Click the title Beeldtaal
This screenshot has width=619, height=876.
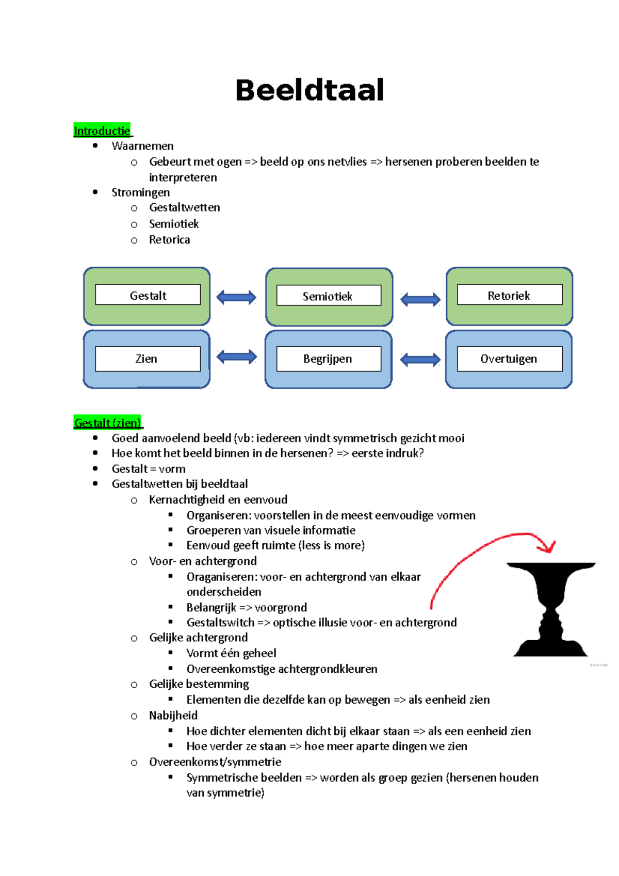309,90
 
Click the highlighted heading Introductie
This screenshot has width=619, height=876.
102,131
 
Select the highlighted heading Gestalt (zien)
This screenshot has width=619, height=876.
107,423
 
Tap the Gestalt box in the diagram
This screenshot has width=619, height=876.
148,295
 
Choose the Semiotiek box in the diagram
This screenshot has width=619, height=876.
328,296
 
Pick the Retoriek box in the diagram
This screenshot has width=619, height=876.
509,295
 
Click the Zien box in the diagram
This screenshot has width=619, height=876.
148,359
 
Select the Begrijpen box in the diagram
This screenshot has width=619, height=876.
328,359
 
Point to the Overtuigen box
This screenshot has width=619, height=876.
509,359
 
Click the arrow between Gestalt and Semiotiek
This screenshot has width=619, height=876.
236,297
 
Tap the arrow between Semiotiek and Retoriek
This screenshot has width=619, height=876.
420,299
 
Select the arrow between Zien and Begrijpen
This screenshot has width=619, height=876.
236,356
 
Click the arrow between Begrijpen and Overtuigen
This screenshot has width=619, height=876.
420,360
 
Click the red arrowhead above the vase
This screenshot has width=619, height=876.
548,546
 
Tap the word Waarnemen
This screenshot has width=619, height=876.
142,146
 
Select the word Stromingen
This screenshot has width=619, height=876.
140,192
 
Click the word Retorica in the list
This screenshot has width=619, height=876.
169,240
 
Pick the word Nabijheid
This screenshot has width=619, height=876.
173,716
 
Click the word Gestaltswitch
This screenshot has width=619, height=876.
220,623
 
